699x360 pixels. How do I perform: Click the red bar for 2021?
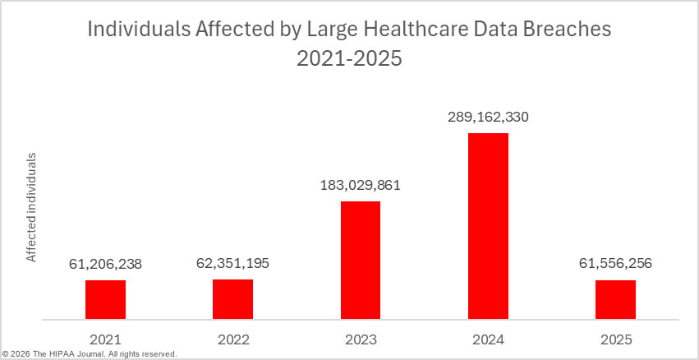[105, 299]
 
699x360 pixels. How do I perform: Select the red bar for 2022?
[232, 299]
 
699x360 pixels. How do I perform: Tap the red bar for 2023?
[361, 260]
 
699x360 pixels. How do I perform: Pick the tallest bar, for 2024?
[488, 226]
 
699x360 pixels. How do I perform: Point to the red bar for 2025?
[615, 299]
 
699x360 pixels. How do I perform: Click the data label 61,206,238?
[105, 264]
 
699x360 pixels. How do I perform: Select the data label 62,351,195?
[232, 263]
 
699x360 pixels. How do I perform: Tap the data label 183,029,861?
[361, 185]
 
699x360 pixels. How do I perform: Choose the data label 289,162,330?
[488, 117]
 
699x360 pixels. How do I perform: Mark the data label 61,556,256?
[615, 264]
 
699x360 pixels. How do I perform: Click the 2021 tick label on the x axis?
[105, 338]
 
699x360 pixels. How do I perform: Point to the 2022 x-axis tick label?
[232, 338]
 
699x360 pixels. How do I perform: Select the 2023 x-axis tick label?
[361, 338]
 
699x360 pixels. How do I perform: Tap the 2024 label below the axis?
[488, 338]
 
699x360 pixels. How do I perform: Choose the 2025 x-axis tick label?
[615, 338]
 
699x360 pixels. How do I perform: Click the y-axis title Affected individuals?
[32, 206]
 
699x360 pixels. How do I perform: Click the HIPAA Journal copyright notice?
[90, 354]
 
